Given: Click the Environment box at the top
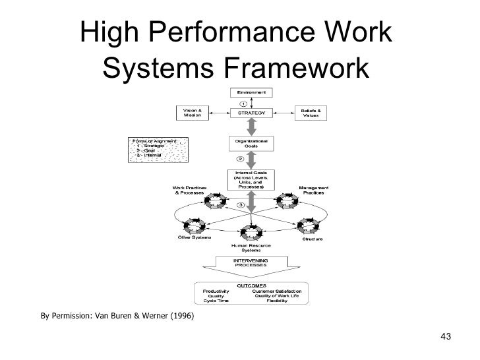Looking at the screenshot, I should click(x=247, y=93).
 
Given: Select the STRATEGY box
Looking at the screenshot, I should click(x=246, y=113).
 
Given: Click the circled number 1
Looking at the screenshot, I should click(x=243, y=104).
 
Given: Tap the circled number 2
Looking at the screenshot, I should click(x=240, y=160).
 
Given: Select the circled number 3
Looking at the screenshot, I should click(x=241, y=205).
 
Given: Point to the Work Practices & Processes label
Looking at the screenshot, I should click(x=190, y=189).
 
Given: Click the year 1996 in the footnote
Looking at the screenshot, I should click(x=181, y=315).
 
